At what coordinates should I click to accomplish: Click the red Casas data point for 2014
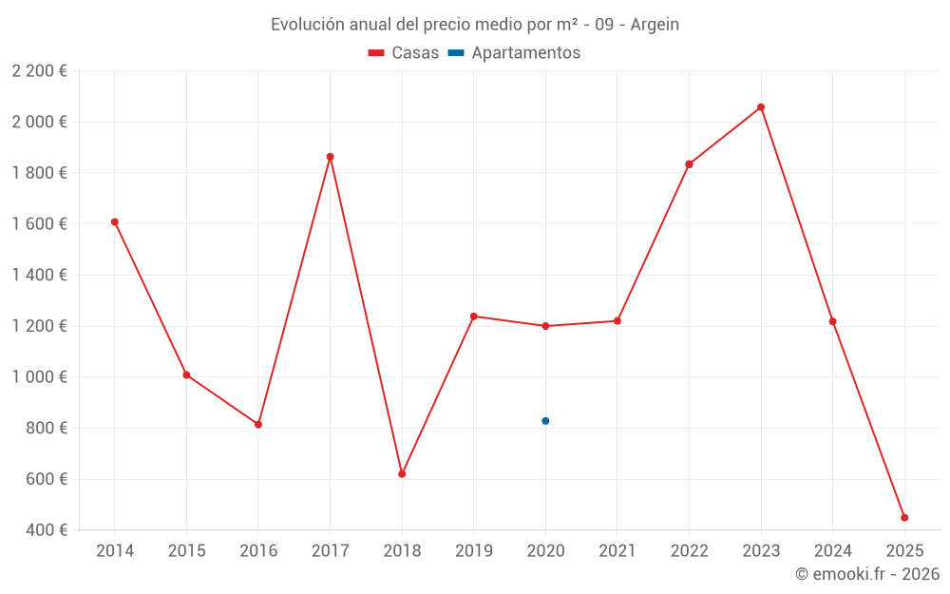(114, 222)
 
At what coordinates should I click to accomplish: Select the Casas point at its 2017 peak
(330, 157)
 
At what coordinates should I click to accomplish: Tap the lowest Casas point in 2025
(904, 518)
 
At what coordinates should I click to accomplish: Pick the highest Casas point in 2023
(761, 107)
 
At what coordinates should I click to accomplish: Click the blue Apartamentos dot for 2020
(545, 421)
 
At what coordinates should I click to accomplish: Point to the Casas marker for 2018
(402, 473)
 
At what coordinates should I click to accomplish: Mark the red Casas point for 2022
(689, 164)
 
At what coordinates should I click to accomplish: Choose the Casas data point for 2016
(258, 424)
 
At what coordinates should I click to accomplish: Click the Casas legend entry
(404, 53)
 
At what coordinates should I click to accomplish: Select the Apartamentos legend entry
(514, 53)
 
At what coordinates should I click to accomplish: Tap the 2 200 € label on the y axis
(40, 71)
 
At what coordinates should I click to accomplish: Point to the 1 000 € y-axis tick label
(40, 377)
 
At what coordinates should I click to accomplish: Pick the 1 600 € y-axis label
(40, 224)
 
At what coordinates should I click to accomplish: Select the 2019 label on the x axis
(473, 551)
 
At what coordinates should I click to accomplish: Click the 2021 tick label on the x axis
(617, 551)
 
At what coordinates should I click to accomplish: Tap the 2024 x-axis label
(833, 551)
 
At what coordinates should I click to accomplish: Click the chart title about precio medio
(475, 25)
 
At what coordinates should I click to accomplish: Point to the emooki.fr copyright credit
(867, 574)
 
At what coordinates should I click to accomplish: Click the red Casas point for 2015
(186, 375)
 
